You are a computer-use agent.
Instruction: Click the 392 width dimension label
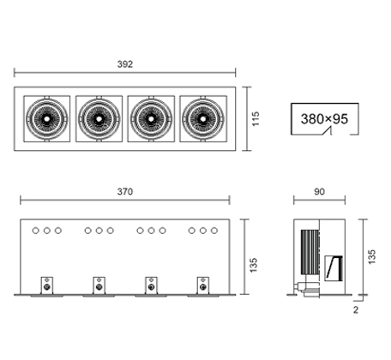[x=125, y=64]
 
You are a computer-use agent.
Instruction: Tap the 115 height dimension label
[x=256, y=119]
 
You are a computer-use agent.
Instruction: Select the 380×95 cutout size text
[x=324, y=119]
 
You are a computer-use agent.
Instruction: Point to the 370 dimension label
[x=125, y=191]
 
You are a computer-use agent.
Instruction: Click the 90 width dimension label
[x=319, y=191]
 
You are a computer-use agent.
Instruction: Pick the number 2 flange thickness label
[x=356, y=309]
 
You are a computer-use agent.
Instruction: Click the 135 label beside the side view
[x=371, y=256]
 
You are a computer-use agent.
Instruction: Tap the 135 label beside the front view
[x=253, y=265]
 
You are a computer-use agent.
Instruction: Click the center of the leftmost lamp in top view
[x=46, y=118]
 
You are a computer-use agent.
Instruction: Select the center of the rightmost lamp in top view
[x=202, y=118]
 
